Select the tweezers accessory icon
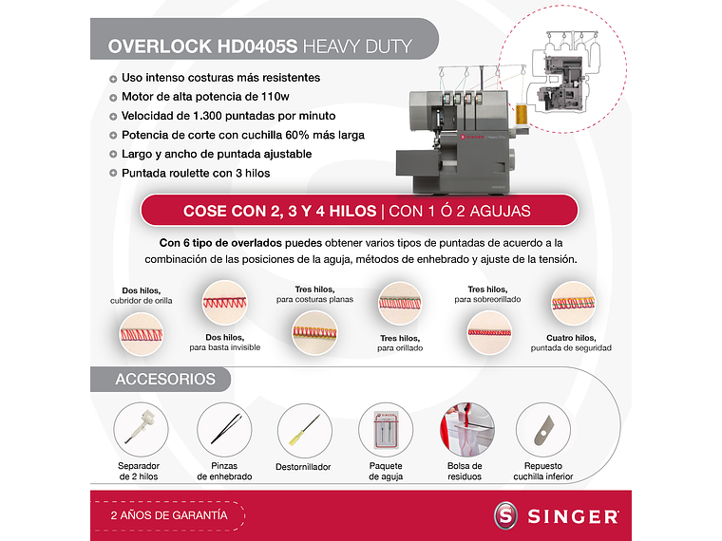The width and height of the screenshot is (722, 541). pyautogui.click(x=224, y=427)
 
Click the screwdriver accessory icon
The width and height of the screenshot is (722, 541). pyautogui.click(x=304, y=427)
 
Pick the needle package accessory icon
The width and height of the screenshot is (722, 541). pyautogui.click(x=385, y=428)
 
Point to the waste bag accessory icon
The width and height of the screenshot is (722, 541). pyautogui.click(x=465, y=428)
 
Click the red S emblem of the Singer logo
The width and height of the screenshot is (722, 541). pyautogui.click(x=507, y=517)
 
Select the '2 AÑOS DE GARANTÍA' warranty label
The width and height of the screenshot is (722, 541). pyautogui.click(x=169, y=514)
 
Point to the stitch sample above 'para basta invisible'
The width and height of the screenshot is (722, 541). pyautogui.click(x=224, y=303)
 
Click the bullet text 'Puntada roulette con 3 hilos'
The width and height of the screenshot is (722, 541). pyautogui.click(x=196, y=174)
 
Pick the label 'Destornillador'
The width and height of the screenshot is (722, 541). pyautogui.click(x=303, y=467)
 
